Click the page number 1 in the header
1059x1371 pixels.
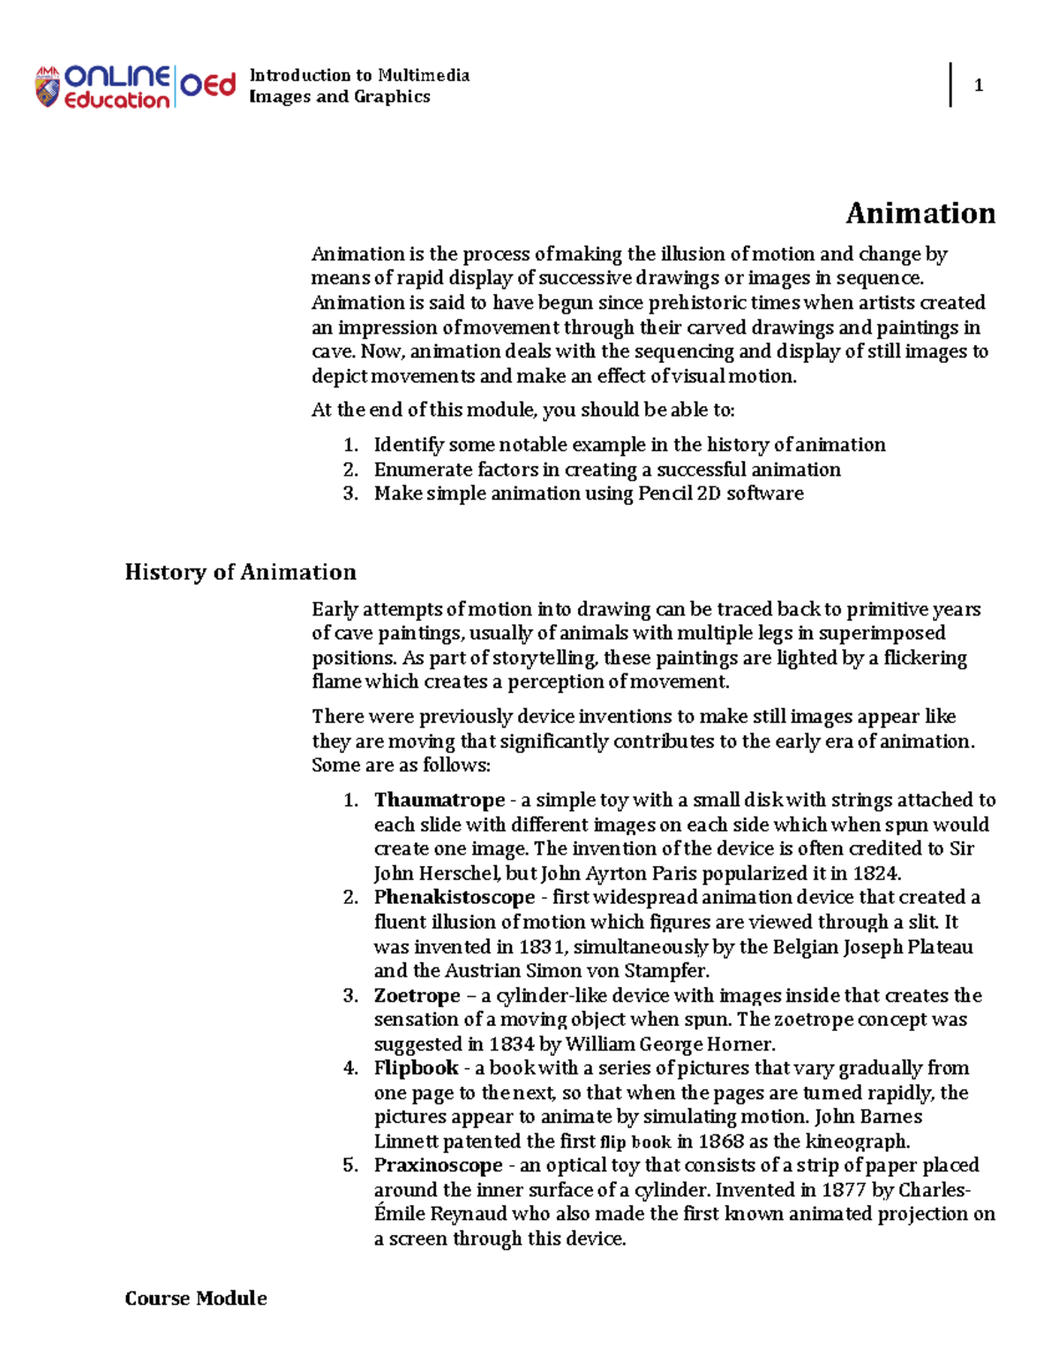(x=978, y=86)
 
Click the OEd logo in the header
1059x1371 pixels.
(x=208, y=86)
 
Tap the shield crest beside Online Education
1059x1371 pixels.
(x=47, y=87)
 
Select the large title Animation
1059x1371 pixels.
(x=920, y=214)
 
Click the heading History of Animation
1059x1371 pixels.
(x=240, y=572)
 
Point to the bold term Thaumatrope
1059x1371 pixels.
(x=439, y=800)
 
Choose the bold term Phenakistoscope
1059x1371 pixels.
(x=454, y=897)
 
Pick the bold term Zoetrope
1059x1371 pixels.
(x=417, y=995)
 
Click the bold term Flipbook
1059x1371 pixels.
(x=416, y=1068)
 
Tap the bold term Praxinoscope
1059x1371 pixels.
(x=438, y=1165)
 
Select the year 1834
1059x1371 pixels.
(x=511, y=1044)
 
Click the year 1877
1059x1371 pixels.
(x=843, y=1190)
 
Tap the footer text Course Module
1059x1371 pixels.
(x=196, y=1299)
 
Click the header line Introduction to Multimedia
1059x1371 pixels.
(x=359, y=75)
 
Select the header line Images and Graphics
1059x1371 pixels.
(x=340, y=97)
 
